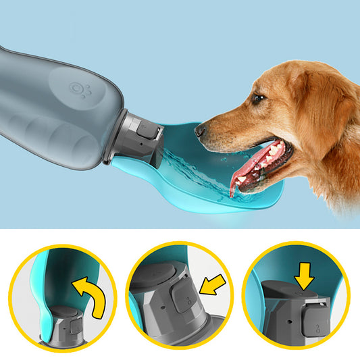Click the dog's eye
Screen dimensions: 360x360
(258, 98)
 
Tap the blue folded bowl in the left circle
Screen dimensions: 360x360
(54, 284)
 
